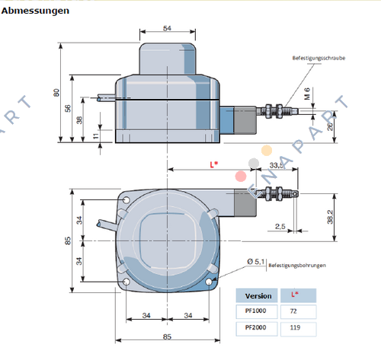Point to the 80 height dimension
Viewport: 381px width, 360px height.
pos(56,93)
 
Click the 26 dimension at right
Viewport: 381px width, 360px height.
pos(329,126)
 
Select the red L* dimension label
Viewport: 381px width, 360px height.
pos(215,164)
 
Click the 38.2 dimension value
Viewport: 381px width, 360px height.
pos(329,216)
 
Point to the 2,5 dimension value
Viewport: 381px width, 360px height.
pos(280,226)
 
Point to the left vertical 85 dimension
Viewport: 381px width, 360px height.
pos(68,241)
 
